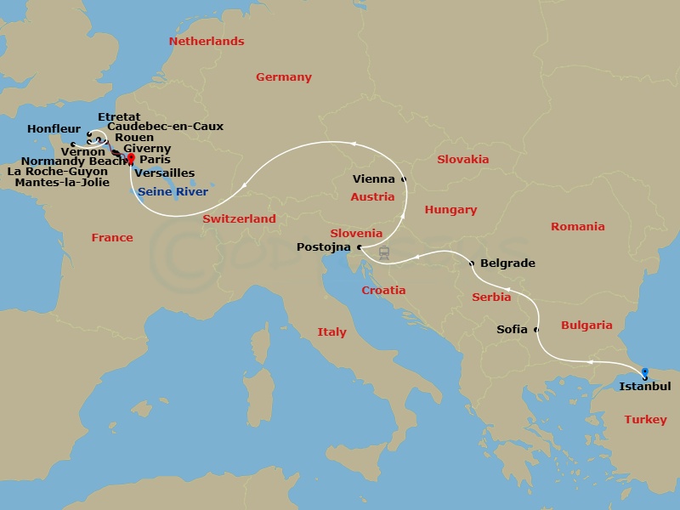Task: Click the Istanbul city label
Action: [645, 386]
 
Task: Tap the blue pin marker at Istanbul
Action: [644, 371]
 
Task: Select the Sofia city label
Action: [512, 329]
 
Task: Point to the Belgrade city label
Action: [507, 263]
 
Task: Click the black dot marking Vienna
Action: [404, 179]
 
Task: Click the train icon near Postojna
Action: [383, 252]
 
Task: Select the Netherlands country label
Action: [207, 41]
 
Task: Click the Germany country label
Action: [284, 76]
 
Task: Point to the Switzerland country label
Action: [239, 218]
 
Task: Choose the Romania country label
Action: [577, 226]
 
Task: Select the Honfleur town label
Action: [54, 128]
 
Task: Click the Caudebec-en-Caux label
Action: [166, 126]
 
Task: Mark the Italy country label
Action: [331, 331]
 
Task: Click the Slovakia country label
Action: [462, 159]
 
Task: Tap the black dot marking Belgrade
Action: [473, 263]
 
